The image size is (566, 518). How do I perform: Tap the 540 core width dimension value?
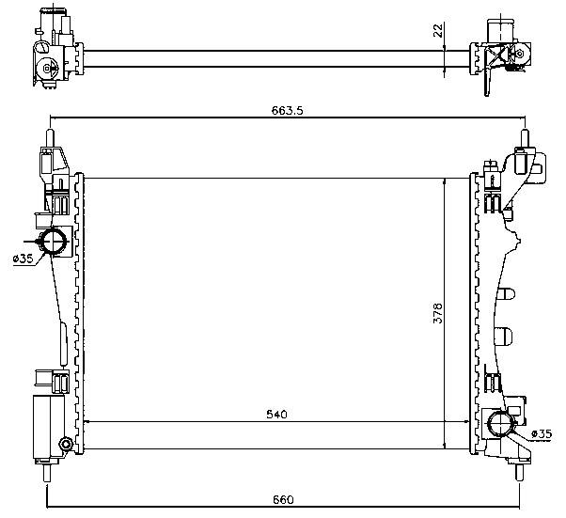point(276,414)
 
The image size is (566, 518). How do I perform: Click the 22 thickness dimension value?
point(437,30)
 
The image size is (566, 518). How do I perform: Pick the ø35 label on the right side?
point(541,433)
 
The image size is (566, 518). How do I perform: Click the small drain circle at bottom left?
point(65,445)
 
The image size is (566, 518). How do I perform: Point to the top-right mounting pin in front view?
point(525,137)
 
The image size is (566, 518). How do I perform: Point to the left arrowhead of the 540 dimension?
point(89,422)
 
